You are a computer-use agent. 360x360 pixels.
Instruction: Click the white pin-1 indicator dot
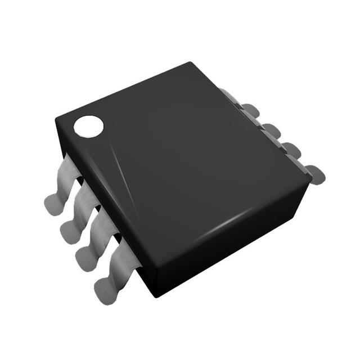89,126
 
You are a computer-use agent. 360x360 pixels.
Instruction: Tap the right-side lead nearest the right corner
312,172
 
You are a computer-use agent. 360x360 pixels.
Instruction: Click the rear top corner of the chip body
191,62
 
